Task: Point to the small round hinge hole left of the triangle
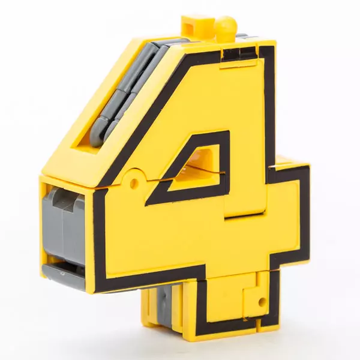pyautogui.click(x=134, y=182)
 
